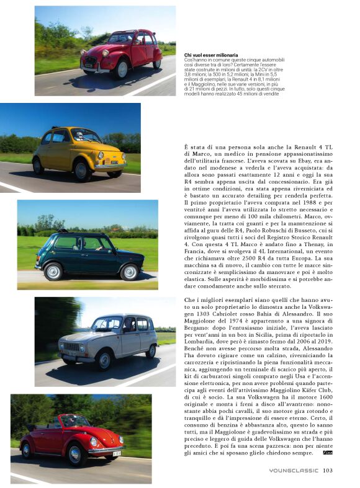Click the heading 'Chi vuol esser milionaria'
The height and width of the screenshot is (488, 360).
[211, 55]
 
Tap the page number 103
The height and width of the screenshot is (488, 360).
[329, 470]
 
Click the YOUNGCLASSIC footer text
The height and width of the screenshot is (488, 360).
[294, 470]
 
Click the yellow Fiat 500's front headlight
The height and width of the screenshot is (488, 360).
[101, 155]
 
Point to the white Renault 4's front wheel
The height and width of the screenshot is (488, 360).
[104, 360]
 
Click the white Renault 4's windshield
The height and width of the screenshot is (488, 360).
[107, 324]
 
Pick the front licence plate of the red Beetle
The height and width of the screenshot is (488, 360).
[117, 454]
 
